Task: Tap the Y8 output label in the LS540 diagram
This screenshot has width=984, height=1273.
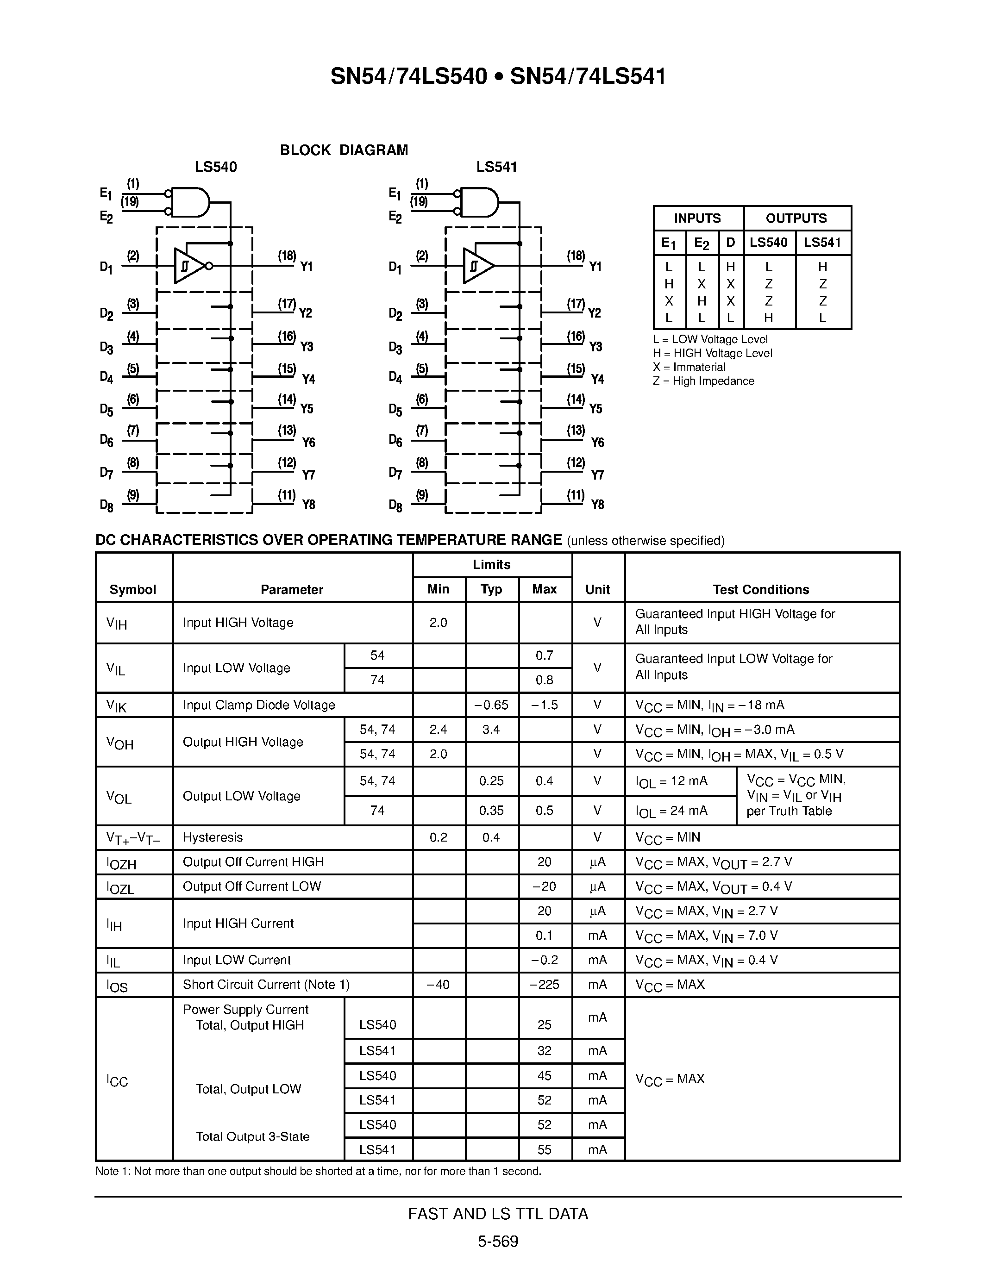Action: point(308,505)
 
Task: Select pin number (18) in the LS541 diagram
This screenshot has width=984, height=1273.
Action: point(576,256)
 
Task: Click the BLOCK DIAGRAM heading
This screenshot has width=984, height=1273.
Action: point(344,150)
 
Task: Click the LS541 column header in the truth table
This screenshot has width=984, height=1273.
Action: point(822,243)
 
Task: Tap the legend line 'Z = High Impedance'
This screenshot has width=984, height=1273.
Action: point(703,381)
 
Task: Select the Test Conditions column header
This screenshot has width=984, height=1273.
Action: point(761,590)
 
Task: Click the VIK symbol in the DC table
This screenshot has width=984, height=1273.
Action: point(117,706)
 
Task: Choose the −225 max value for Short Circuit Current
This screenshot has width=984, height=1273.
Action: point(545,985)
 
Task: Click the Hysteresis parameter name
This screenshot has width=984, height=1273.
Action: point(213,837)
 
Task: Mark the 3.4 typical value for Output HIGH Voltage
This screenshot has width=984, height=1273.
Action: point(491,730)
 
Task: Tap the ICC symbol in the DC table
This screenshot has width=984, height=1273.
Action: point(117,1081)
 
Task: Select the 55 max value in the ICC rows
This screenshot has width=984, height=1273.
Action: point(545,1149)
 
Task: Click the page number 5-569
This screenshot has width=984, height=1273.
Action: point(498,1242)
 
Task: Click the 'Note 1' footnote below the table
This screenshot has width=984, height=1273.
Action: point(318,1172)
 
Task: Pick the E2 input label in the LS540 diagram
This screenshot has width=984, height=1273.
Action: point(106,218)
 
